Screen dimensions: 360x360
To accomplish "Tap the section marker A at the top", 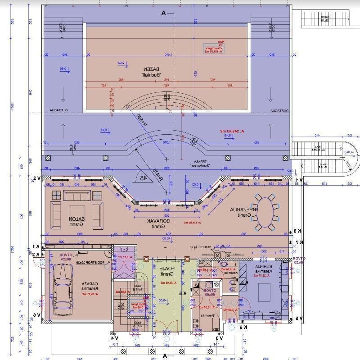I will point(164,14).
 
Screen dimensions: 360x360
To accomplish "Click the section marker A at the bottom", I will point(165,355).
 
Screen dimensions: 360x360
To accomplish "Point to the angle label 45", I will point(144,178).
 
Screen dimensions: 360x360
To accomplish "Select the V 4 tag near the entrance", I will point(114,337).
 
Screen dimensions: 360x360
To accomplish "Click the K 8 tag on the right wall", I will point(297,231).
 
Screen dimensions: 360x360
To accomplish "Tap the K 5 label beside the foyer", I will point(182,293).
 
